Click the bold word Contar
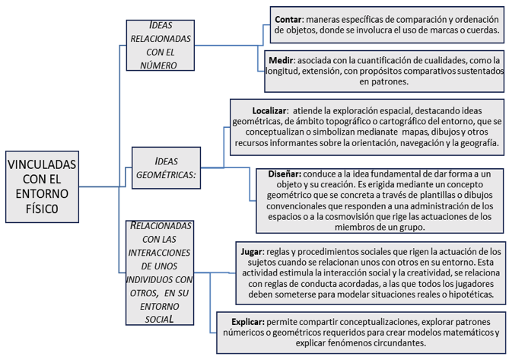(x=288, y=20)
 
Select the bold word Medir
(x=281, y=60)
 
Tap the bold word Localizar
(x=269, y=110)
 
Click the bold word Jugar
(x=251, y=252)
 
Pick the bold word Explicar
(x=248, y=322)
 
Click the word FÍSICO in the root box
(x=42, y=209)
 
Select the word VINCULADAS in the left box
(x=42, y=164)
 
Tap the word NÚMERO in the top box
(x=158, y=65)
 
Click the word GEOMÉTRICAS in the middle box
(x=166, y=175)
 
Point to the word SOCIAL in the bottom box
(x=159, y=320)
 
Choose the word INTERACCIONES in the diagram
(x=159, y=253)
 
